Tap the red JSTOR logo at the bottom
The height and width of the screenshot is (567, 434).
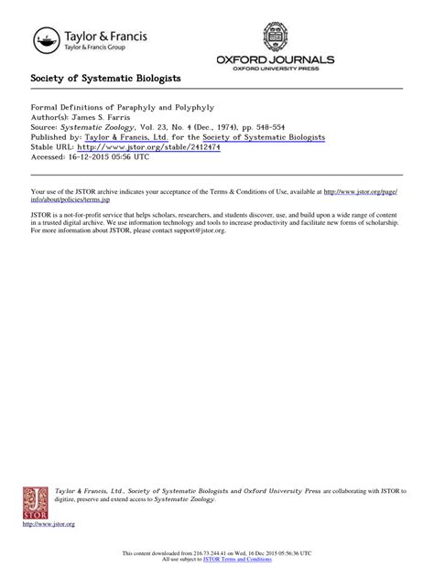35,503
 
